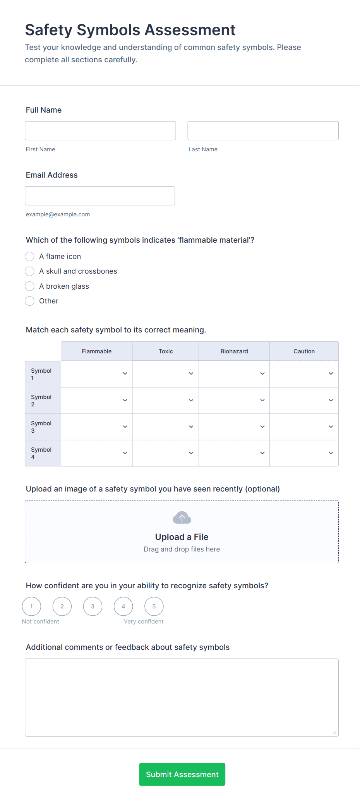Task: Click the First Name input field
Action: [x=100, y=130]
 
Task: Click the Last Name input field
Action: [x=263, y=130]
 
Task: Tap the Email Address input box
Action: [x=100, y=195]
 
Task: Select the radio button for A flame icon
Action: [x=30, y=257]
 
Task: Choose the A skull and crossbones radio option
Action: [x=30, y=271]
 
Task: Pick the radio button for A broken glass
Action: [x=30, y=286]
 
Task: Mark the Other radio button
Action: [x=30, y=301]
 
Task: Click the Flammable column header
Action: [x=96, y=351]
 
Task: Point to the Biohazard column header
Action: [x=234, y=351]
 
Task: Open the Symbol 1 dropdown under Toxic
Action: [x=166, y=373]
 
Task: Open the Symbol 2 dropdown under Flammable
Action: [x=97, y=400]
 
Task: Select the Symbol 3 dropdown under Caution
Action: [x=304, y=426]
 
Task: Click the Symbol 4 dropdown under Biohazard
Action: [x=234, y=453]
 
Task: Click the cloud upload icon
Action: [x=182, y=518]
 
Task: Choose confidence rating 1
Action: [x=31, y=606]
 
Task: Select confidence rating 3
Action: [x=93, y=606]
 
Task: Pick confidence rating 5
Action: [x=154, y=606]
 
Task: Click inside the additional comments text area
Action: [x=182, y=697]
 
